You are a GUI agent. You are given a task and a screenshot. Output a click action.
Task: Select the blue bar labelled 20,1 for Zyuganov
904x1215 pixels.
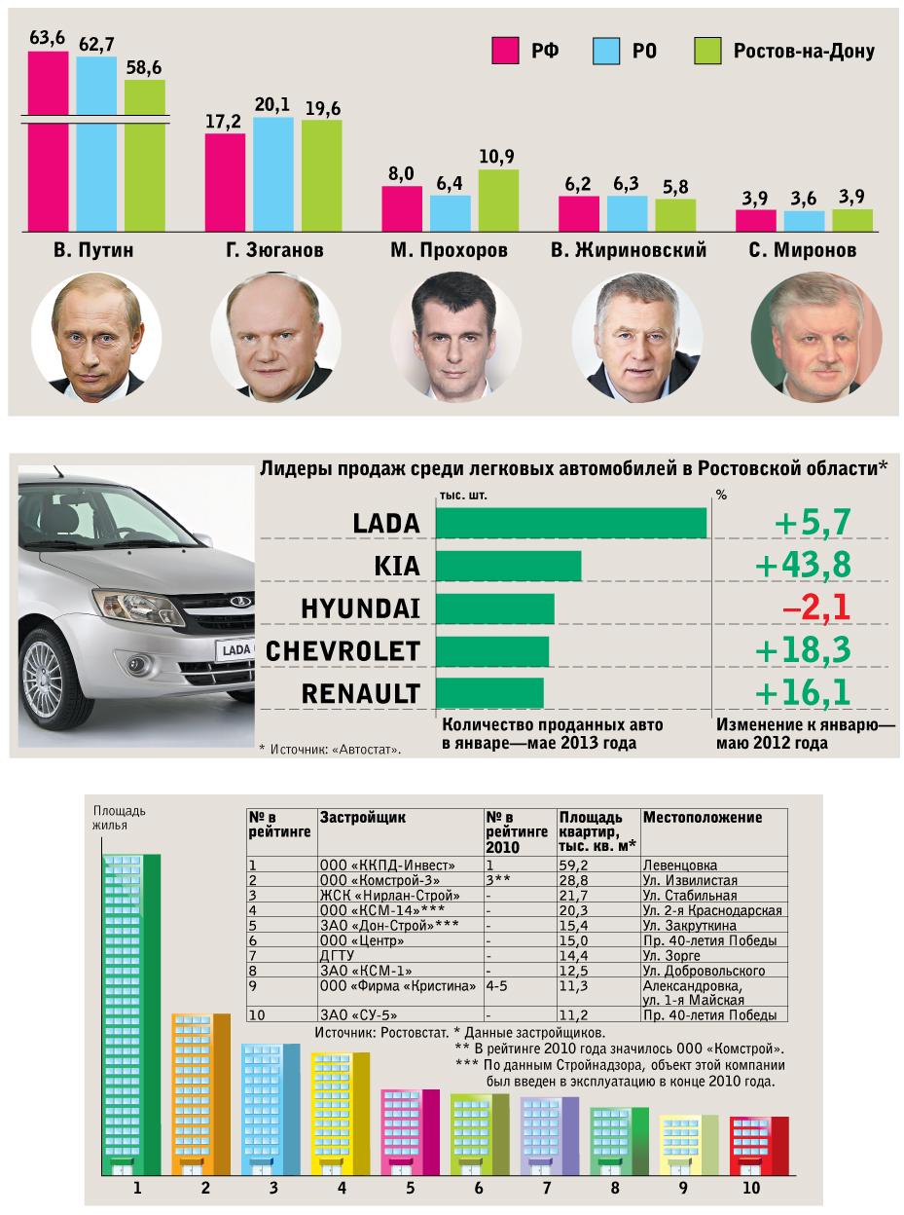[x=273, y=173]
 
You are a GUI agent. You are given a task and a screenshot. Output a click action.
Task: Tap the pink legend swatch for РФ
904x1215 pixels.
[x=504, y=51]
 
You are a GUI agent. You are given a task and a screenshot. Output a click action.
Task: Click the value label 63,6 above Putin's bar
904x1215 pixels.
[x=47, y=38]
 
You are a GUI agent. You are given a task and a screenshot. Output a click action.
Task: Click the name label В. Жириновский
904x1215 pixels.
[x=628, y=251]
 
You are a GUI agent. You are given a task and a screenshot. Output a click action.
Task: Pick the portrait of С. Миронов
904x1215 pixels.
[x=817, y=337]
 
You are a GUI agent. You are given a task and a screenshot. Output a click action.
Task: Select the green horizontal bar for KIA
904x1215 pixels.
[x=508, y=566]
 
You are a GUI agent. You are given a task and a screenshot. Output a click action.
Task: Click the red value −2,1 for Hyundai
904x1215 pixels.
[x=815, y=608]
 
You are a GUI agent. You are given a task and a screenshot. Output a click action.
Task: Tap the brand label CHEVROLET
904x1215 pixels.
[x=343, y=651]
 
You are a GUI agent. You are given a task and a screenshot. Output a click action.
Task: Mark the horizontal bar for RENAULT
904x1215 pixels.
[x=489, y=693]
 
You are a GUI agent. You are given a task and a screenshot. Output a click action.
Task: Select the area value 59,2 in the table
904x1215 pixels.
[x=574, y=865]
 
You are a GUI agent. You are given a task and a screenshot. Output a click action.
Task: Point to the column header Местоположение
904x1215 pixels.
[x=702, y=818]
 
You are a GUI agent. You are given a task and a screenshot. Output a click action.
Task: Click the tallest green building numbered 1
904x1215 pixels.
[x=131, y=1012]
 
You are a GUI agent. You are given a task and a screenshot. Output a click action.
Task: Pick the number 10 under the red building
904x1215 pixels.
[x=750, y=1189]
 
